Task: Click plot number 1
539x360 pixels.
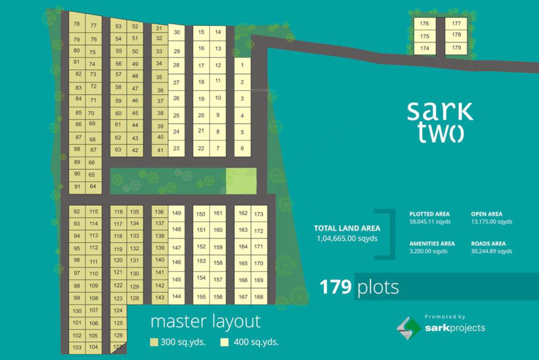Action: coord(242,66)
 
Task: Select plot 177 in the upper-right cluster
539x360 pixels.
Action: coord(456,23)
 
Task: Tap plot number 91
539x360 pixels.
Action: coord(77,186)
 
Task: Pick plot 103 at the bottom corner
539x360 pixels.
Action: coord(77,347)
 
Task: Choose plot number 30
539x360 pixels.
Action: coord(176,32)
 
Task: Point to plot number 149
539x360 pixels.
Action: coord(176,213)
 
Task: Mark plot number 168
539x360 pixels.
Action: coord(258,297)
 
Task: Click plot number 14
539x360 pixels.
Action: coord(218,32)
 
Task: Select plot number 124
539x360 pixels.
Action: coord(118,310)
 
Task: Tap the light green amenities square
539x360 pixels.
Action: coord(241,181)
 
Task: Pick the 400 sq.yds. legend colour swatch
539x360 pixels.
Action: coord(225,342)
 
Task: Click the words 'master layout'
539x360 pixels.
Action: coord(205,322)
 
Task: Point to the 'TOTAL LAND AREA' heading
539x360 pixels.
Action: coord(347,229)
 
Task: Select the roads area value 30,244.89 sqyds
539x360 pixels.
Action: coord(491,251)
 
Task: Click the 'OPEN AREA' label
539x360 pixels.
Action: coord(486,214)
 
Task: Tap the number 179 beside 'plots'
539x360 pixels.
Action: coord(336,287)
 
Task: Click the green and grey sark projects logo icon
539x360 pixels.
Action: coord(409,328)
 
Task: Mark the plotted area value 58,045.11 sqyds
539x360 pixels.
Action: coord(430,222)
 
